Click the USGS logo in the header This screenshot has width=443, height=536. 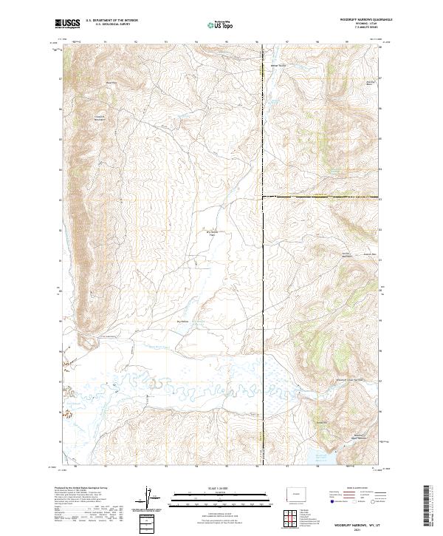click(x=67, y=24)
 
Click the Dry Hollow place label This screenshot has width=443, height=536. click(x=182, y=321)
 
